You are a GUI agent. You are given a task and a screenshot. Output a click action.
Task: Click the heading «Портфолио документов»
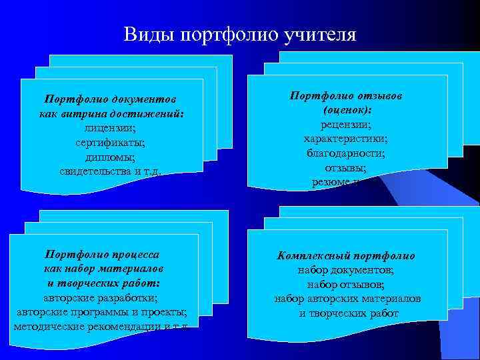coord(111,99)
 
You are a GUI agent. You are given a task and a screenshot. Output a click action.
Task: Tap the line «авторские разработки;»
coord(101,297)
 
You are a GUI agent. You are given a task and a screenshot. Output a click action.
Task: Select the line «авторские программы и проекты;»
coord(101,312)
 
